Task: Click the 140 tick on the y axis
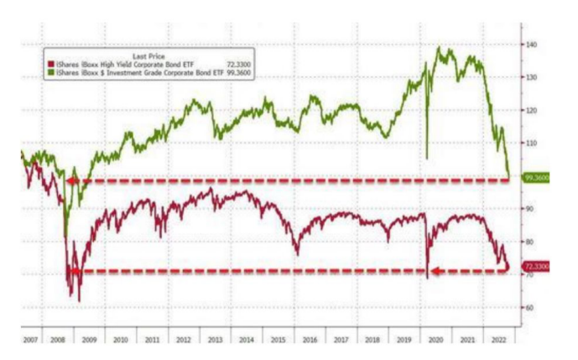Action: point(531,44)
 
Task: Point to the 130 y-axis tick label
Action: point(531,77)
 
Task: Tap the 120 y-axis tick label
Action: point(531,110)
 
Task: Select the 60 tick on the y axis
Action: point(531,307)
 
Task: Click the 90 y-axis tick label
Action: point(531,209)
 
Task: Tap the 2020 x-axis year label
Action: point(436,339)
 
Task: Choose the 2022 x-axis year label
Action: point(497,339)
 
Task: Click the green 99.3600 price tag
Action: point(535,178)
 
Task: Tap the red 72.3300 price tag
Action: point(535,266)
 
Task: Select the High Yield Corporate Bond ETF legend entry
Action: point(117,64)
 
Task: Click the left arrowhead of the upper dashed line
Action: point(73,180)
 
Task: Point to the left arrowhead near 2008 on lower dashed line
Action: point(73,271)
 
